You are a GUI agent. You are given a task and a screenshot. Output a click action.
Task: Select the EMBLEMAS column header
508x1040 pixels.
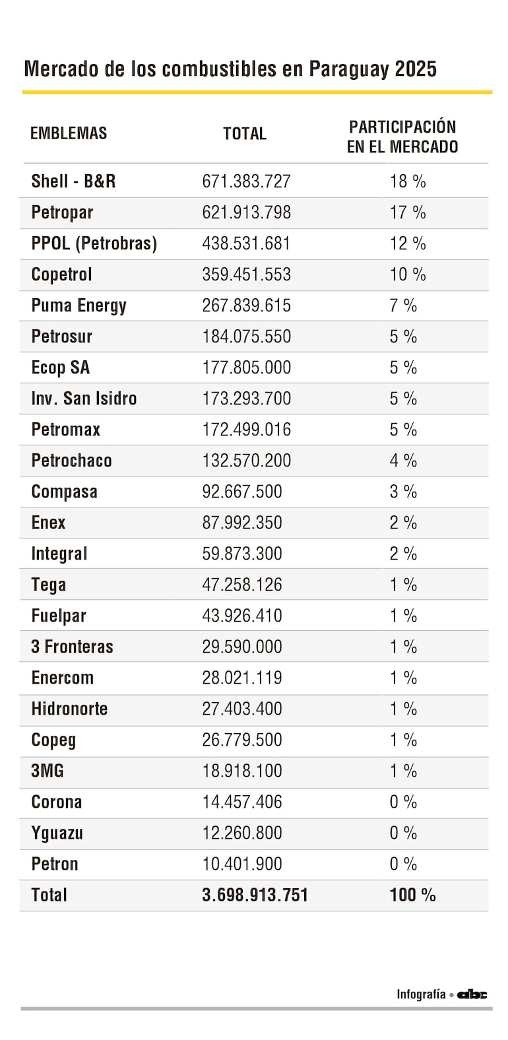[x=69, y=133]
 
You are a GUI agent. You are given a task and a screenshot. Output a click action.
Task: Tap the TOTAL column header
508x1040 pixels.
[x=245, y=134]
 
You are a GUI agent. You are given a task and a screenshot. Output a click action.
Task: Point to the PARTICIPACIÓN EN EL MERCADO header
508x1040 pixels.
[x=402, y=137]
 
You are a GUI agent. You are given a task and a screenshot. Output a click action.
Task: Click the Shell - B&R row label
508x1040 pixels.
[x=73, y=181]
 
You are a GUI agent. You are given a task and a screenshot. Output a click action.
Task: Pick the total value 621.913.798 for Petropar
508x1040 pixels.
[x=246, y=212]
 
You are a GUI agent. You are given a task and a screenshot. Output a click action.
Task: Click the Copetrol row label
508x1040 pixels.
[x=61, y=275]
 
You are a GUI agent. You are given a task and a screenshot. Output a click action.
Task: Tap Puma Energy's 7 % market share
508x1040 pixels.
[x=403, y=306]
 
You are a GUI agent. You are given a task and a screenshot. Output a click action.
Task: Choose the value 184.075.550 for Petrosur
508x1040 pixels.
[x=246, y=337]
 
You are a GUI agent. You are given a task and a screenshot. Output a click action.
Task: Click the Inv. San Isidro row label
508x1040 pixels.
[x=84, y=399]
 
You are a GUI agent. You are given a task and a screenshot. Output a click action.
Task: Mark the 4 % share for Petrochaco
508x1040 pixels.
[x=403, y=461]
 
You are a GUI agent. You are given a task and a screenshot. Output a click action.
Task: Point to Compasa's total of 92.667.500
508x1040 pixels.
[x=241, y=492]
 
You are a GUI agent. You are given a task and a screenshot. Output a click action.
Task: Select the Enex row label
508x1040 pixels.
[x=48, y=523]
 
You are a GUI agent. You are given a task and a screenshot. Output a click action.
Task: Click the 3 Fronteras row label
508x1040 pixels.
[x=72, y=647]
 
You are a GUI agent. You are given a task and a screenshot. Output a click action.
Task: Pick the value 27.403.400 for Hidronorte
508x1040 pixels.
[x=241, y=709]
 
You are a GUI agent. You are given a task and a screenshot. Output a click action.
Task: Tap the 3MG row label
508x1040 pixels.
[x=48, y=771]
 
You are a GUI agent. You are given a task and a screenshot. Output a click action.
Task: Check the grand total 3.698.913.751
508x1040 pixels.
[x=255, y=895]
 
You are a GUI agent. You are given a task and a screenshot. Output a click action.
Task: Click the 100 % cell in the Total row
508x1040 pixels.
[x=412, y=895]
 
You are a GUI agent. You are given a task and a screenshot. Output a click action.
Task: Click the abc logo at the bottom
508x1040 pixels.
[x=473, y=994]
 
